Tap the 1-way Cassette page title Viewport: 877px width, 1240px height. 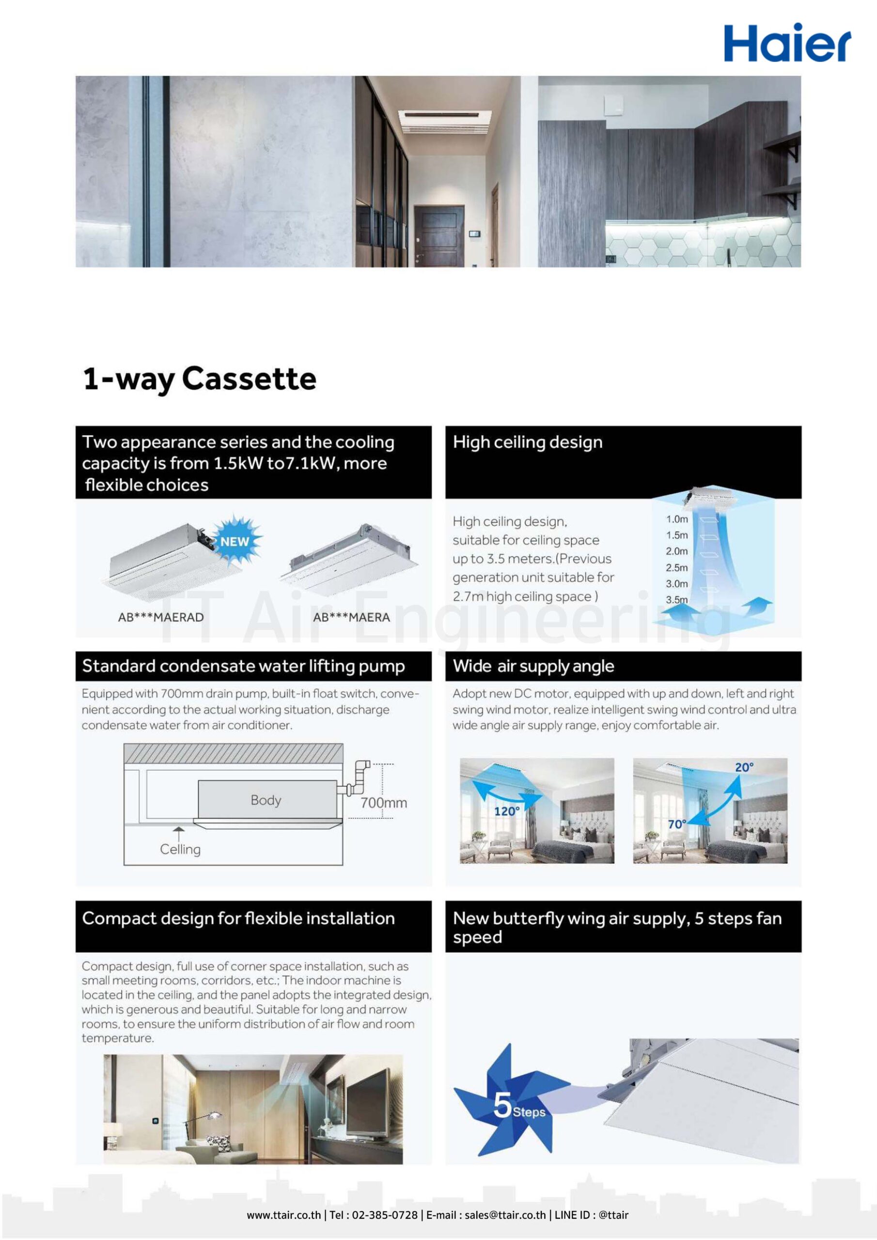200,379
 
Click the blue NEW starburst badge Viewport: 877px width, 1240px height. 235,541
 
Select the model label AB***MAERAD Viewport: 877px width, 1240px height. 160,617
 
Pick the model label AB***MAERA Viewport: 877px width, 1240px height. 351,617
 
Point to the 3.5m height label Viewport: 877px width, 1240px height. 676,600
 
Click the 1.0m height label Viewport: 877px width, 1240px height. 676,519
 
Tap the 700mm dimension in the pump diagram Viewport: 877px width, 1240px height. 384,803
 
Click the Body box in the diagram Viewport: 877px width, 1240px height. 266,800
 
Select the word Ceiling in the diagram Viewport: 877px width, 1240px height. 180,850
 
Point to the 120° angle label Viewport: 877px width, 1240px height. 507,811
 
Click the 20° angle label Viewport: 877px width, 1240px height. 744,767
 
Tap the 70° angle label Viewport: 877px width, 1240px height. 676,824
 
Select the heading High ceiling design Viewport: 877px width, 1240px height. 527,442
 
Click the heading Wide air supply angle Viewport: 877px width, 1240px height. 533,666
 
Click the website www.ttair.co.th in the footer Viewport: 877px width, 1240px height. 283,1215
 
